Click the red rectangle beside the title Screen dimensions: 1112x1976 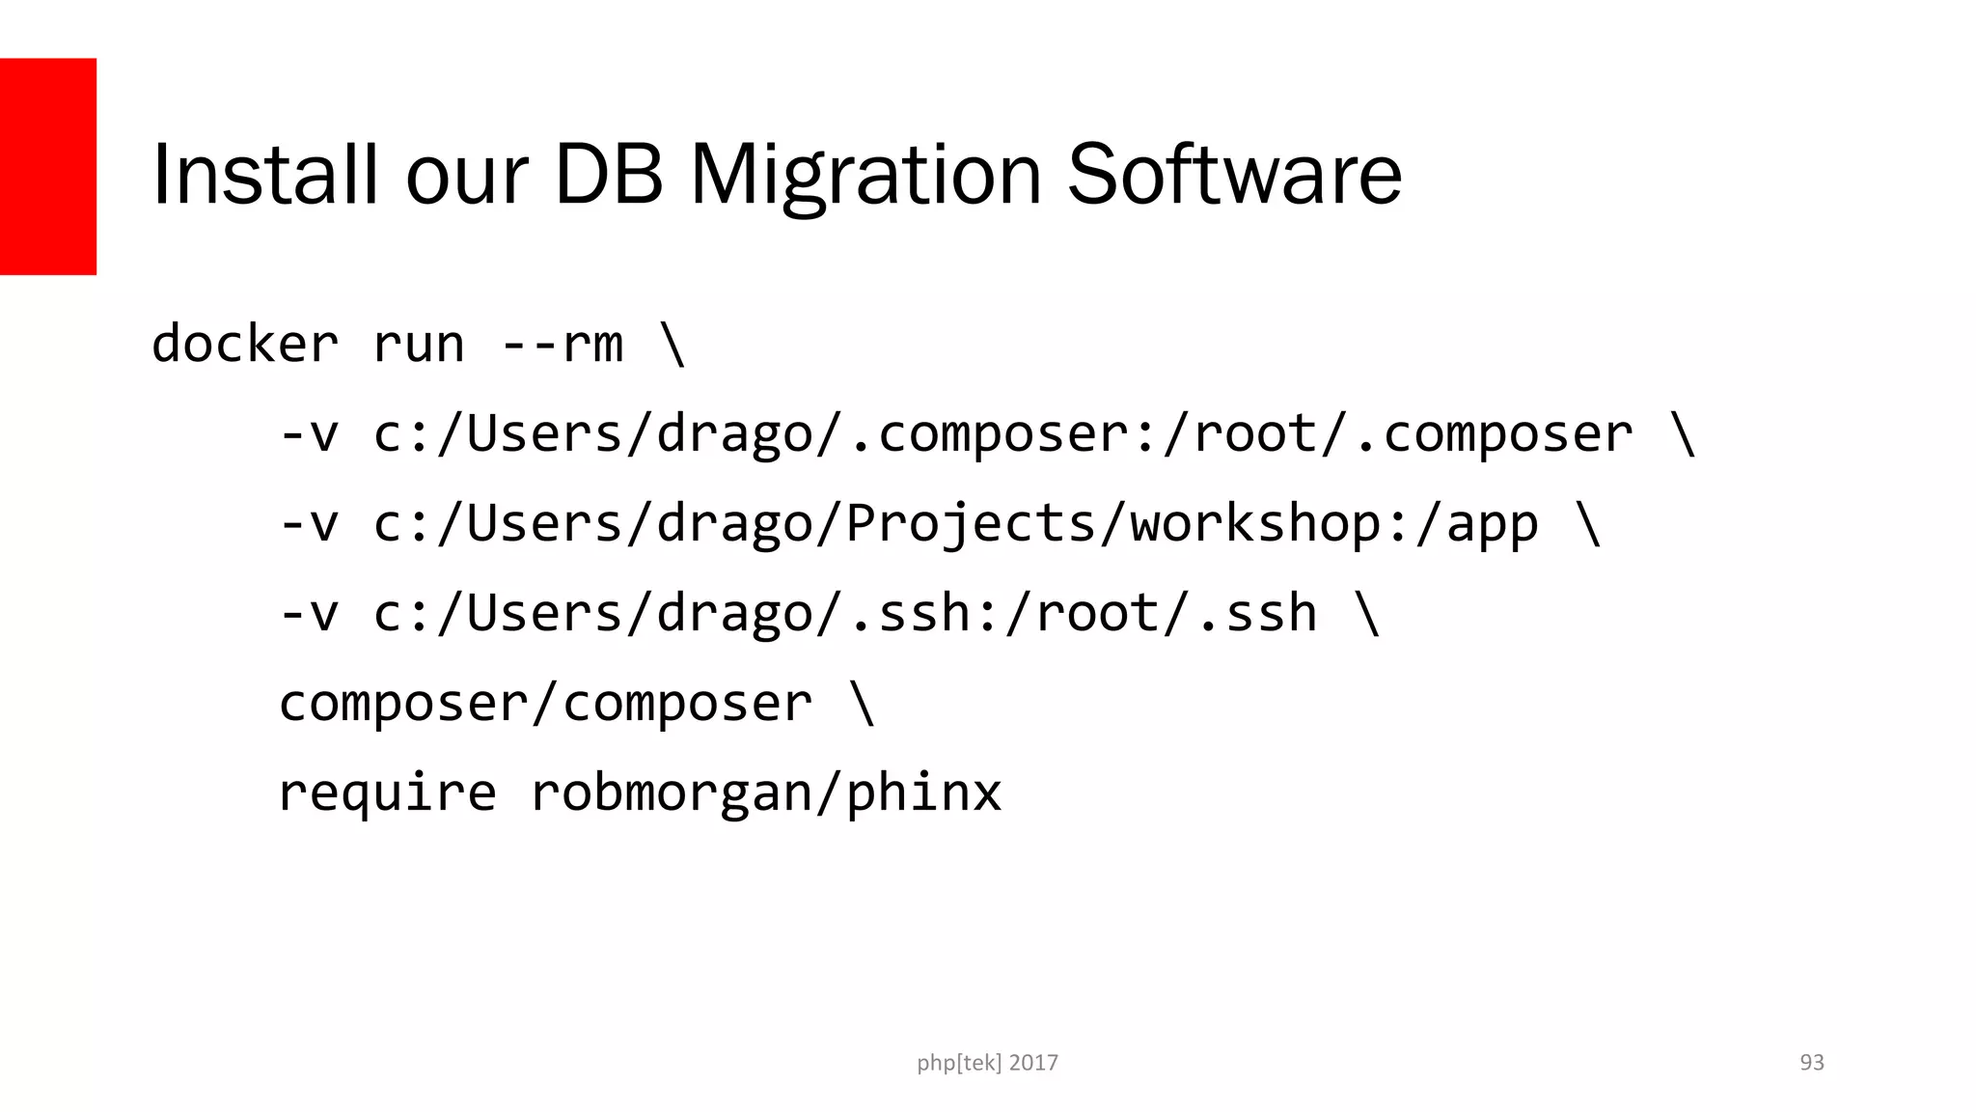click(47, 166)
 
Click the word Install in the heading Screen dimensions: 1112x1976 click(263, 175)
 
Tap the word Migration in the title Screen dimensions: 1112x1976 click(865, 175)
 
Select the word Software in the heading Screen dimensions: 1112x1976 click(1234, 175)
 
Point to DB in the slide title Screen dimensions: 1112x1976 click(609, 175)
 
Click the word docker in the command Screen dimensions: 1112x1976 click(245, 345)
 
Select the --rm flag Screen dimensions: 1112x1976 click(563, 345)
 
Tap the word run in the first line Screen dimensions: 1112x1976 click(418, 345)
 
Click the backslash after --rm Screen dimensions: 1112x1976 click(673, 345)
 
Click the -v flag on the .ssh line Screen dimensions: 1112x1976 click(309, 614)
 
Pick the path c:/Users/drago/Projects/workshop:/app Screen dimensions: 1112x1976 click(955, 524)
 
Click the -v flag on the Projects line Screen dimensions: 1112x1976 click(309, 524)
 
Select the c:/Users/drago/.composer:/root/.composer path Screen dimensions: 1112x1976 click(1002, 434)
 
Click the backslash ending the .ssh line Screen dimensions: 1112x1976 click(1368, 614)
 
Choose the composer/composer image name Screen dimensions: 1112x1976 click(545, 704)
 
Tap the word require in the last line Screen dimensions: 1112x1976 click(387, 793)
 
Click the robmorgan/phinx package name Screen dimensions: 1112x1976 click(766, 793)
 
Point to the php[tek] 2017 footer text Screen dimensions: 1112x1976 click(987, 1063)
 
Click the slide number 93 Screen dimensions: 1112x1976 click(1812, 1063)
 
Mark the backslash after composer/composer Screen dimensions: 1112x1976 click(863, 704)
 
